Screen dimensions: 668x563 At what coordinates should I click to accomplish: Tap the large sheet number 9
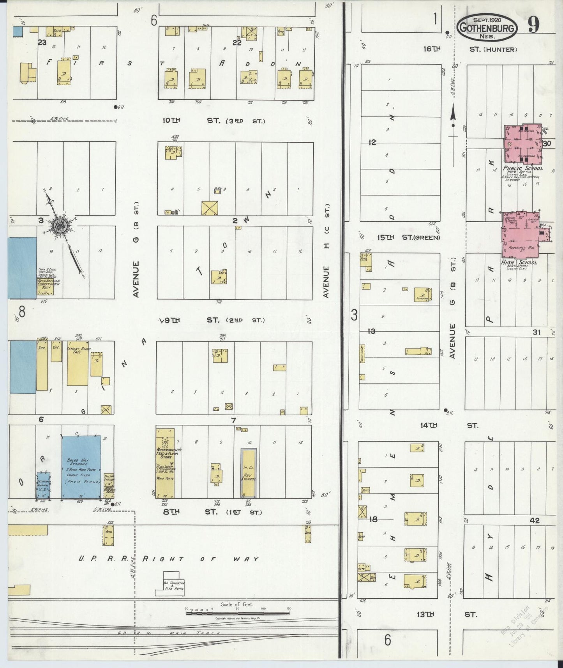click(534, 26)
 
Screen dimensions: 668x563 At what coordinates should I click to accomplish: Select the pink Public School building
click(522, 144)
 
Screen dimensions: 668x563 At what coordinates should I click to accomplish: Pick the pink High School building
click(521, 234)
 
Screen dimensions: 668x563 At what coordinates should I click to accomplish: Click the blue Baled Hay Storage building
click(81, 467)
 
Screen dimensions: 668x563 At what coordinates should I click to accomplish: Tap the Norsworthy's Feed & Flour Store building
click(165, 463)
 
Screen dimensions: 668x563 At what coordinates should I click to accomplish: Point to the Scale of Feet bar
click(237, 613)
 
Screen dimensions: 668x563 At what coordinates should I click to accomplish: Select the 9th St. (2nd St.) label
click(213, 320)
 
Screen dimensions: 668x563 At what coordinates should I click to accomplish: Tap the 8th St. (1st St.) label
click(212, 512)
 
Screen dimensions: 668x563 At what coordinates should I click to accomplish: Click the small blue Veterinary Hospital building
click(43, 485)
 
